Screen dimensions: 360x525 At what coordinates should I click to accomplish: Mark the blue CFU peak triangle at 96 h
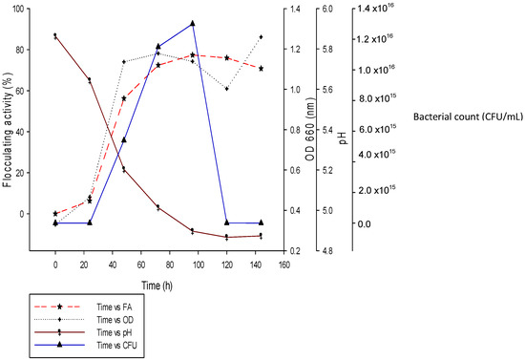193,23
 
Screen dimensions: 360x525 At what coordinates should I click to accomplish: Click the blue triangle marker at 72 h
158,47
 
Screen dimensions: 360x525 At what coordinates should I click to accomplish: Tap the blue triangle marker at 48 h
124,140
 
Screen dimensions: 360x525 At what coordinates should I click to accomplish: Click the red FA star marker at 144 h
261,69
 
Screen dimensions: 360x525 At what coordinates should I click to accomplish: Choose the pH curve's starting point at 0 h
55,35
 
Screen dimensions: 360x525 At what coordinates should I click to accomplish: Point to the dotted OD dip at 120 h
226,89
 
